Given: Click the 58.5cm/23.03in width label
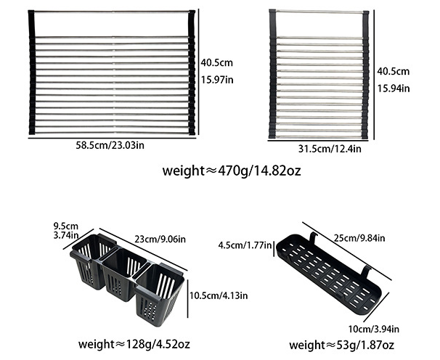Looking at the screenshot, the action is click(x=111, y=145).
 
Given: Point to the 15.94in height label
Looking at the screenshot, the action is click(x=394, y=88).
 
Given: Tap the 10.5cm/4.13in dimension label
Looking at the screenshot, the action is click(x=219, y=295).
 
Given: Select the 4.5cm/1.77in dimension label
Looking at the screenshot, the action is click(x=243, y=245).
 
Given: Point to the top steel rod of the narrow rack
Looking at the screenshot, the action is click(x=318, y=12).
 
